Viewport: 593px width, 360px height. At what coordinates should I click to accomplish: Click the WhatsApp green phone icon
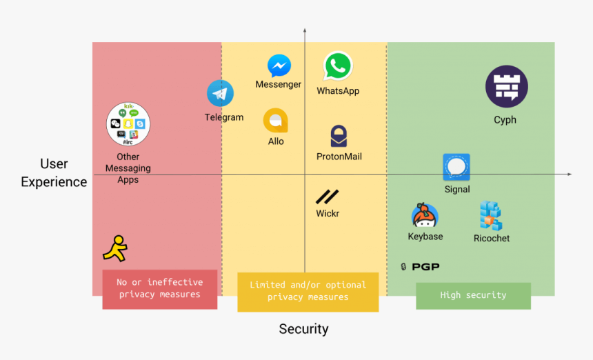338,67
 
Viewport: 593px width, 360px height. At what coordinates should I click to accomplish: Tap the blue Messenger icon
279,66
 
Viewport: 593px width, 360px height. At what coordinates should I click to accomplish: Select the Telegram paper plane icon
220,94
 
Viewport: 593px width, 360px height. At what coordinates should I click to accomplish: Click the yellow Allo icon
275,121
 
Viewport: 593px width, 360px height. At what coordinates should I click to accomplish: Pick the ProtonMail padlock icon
339,136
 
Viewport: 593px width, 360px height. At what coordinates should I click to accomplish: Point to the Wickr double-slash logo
327,197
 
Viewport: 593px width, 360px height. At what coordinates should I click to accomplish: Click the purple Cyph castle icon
506,87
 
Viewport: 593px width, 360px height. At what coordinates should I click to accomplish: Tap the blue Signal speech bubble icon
456,168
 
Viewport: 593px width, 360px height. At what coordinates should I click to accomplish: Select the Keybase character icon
425,216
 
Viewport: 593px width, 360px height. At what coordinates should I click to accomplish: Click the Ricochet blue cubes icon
491,216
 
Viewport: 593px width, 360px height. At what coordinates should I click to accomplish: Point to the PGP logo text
420,267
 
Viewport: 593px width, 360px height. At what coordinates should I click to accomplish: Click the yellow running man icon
115,248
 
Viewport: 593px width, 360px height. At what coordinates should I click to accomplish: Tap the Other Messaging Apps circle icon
128,123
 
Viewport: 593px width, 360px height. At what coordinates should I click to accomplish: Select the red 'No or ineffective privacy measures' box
160,289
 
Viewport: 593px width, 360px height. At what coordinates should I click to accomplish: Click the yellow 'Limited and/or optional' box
308,292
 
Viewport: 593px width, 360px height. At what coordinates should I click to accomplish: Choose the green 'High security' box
473,295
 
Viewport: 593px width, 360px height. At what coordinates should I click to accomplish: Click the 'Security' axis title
303,329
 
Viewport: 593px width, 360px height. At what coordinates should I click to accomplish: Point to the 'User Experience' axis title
54,173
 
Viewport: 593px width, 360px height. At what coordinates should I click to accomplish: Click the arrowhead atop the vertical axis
304,31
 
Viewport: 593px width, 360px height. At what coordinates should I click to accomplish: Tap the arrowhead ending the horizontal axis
569,174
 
